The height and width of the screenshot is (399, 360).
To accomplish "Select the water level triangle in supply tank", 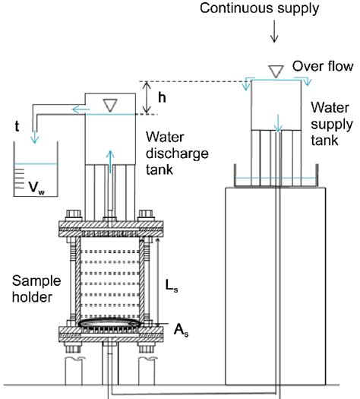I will click(x=275, y=70).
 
